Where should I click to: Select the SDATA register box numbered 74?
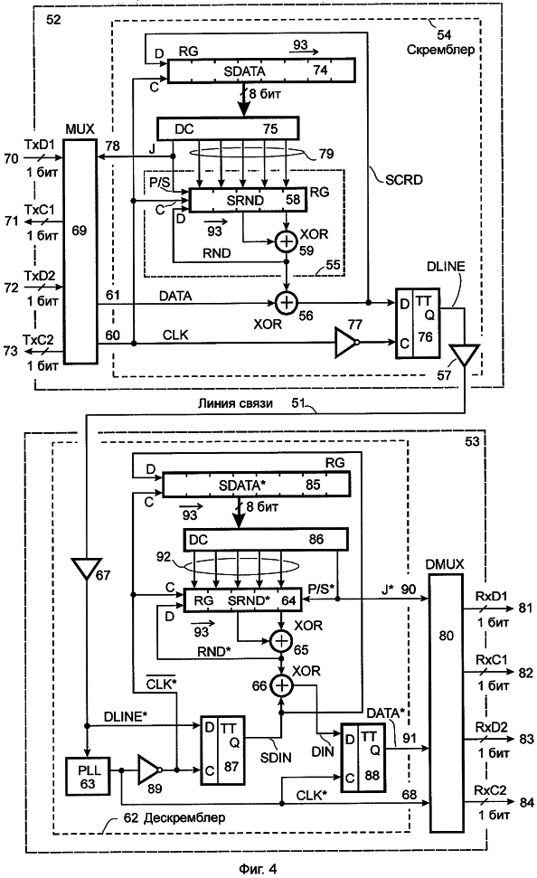(x=261, y=71)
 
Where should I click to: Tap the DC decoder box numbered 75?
(x=227, y=128)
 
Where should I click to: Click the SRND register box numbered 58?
(x=248, y=200)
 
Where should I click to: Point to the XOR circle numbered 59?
(x=287, y=241)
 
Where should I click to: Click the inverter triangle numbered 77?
(x=346, y=342)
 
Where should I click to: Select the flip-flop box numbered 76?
(x=417, y=323)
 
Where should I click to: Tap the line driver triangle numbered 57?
(x=465, y=355)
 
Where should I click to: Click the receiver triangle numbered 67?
(x=87, y=569)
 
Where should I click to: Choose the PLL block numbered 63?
(x=88, y=776)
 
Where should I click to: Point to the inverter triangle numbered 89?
(x=149, y=769)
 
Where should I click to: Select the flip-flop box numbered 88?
(x=363, y=758)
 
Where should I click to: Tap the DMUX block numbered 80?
(x=447, y=703)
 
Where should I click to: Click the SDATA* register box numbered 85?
(x=257, y=485)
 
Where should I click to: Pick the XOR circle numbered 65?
(x=281, y=640)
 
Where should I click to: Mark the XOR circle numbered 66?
(x=281, y=684)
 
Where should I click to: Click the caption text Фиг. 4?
(x=258, y=868)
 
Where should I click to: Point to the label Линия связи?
(x=235, y=403)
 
